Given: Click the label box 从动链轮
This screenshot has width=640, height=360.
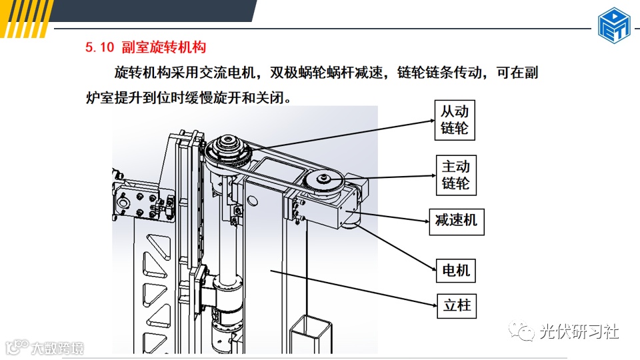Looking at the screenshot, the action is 455,120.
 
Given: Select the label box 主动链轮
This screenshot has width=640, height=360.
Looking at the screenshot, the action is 456,175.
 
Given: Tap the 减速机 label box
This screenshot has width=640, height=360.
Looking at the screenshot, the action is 457,221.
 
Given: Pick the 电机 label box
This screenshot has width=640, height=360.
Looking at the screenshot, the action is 456,270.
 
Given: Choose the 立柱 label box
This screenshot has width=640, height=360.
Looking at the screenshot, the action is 457,306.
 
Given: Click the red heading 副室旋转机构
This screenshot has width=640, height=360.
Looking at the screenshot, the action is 164,47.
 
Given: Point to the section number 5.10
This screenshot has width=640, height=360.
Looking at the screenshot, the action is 99,47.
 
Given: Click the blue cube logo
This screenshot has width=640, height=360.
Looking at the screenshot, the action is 614,25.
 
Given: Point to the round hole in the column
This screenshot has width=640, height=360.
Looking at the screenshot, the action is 252,201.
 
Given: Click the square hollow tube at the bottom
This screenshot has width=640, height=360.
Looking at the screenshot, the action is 311,334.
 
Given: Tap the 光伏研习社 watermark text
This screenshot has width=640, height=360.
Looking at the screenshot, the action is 579,331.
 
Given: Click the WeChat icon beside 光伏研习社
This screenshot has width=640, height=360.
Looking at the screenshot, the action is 521,331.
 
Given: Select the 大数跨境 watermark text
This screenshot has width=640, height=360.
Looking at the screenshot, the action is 57,348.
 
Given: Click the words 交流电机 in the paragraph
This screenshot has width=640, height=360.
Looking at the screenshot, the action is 227,73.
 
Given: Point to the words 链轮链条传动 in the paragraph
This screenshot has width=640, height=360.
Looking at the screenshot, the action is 439,73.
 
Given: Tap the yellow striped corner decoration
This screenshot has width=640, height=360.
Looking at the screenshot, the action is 25,19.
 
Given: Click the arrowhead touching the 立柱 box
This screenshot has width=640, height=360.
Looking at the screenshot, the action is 434,305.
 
